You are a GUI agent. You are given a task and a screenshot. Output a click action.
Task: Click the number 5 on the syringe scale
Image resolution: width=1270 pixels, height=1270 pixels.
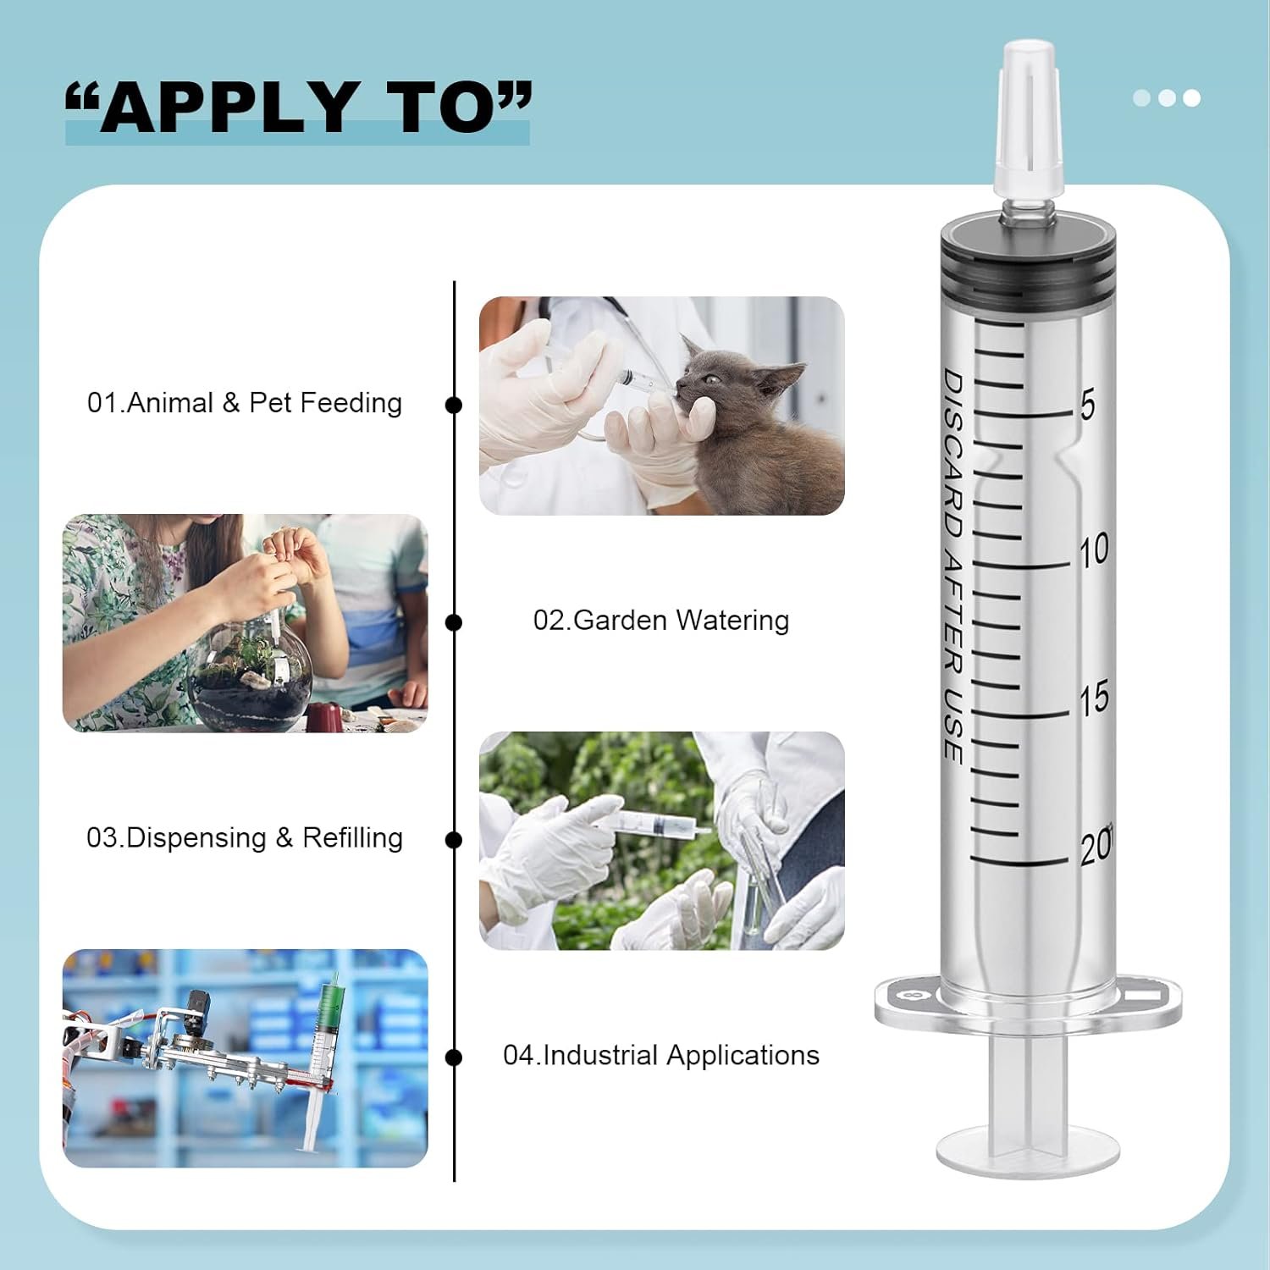[1087, 405]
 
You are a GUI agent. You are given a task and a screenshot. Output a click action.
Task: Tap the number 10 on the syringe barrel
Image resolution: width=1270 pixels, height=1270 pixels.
[1094, 550]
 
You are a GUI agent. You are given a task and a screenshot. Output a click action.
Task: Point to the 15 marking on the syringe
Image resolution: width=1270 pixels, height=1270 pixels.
[1094, 698]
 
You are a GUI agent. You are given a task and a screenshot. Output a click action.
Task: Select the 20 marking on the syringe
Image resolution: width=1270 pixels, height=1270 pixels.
[1096, 846]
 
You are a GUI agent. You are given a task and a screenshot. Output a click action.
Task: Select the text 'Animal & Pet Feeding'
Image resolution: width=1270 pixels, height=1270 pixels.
[263, 403]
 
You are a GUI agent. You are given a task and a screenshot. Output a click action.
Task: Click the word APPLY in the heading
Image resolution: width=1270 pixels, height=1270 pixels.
[227, 108]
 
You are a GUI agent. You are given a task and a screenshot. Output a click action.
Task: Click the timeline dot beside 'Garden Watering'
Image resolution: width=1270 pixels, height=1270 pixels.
[454, 623]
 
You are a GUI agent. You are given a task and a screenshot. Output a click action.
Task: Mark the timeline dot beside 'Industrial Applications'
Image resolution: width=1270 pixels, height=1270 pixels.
[454, 1057]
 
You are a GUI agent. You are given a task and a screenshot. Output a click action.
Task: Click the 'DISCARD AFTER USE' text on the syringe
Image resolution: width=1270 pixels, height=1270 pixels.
[952, 566]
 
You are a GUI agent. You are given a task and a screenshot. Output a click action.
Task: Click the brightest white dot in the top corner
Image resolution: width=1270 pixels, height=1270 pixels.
[1191, 98]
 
